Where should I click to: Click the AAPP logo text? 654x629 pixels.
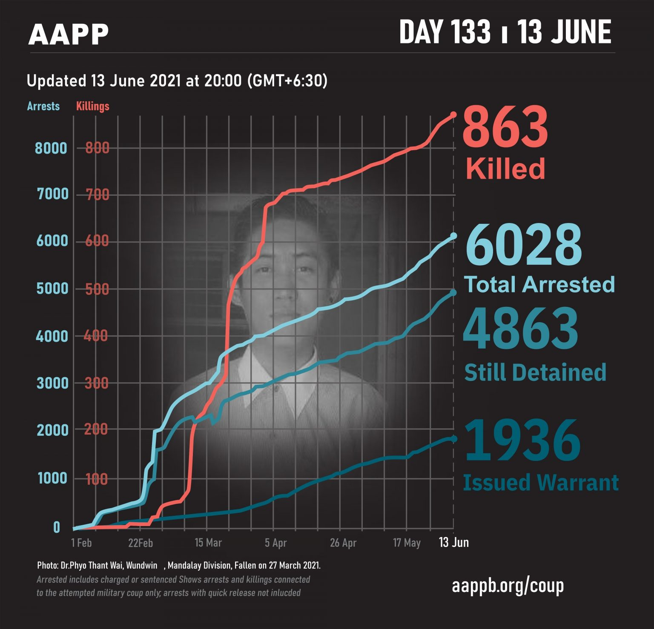[68, 34]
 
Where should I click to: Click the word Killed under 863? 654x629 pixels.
[505, 169]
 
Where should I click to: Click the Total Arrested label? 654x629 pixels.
[539, 284]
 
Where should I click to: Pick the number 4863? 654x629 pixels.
[520, 329]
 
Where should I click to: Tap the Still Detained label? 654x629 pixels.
[535, 372]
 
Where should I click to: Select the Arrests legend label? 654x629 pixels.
[43, 106]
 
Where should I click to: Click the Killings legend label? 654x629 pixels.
[93, 106]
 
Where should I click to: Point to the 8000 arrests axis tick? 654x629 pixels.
[51, 148]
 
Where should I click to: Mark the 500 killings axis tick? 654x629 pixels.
[97, 289]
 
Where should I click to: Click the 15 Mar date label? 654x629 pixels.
[208, 543]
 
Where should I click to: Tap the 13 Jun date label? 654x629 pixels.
[453, 542]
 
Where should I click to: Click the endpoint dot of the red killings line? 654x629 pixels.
[453, 114]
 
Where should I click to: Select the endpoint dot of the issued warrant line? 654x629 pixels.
[453, 438]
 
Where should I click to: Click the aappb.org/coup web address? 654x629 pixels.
[508, 586]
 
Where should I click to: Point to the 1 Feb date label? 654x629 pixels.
[81, 543]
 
